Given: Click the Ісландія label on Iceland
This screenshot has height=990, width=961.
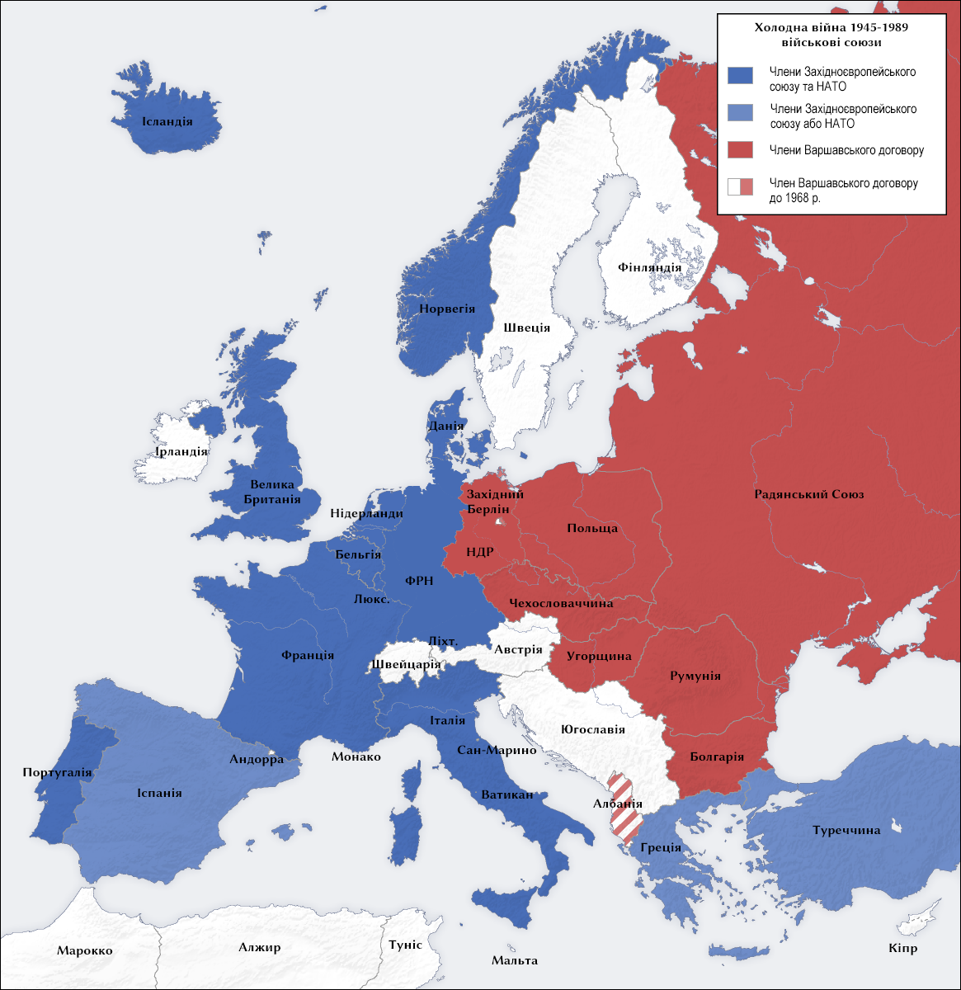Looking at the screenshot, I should (x=167, y=121).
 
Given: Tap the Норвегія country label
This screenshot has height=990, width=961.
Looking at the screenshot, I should (x=447, y=309).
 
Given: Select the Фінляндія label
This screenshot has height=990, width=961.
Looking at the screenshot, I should (x=650, y=267).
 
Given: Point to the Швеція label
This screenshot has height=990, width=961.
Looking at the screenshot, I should (x=526, y=328).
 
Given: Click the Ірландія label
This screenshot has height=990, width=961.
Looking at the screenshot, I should (x=181, y=451).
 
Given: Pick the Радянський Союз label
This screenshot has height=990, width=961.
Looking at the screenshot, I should (x=808, y=494).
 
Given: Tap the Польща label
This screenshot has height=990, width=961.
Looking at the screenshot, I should (x=592, y=528).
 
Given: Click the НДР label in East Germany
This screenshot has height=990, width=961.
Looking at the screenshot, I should (x=480, y=552).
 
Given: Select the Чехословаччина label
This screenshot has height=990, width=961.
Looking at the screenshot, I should (x=561, y=603).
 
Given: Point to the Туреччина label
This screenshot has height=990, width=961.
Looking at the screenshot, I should (x=846, y=830).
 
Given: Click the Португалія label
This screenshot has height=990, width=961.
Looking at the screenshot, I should (x=58, y=773).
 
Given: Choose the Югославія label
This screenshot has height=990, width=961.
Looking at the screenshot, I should (x=592, y=729).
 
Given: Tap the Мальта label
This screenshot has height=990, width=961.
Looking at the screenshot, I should (x=514, y=959).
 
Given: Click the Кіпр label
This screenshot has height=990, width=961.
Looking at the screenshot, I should (x=902, y=948).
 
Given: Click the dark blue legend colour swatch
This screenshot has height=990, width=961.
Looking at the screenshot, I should (x=740, y=75).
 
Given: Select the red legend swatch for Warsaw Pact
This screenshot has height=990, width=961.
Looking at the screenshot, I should (x=740, y=149).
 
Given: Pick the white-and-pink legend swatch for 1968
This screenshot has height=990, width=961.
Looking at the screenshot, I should (x=740, y=186).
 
